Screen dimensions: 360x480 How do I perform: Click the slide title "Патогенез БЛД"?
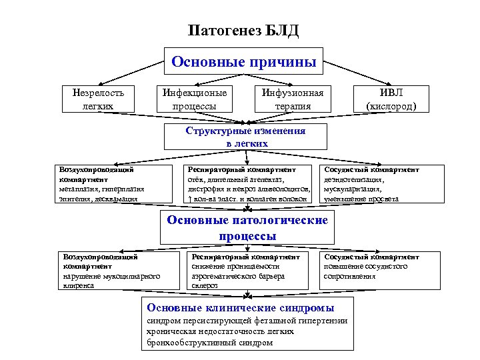(x=243, y=31)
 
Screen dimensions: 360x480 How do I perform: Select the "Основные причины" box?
(x=243, y=61)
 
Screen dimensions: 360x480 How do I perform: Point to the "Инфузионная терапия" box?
(x=292, y=99)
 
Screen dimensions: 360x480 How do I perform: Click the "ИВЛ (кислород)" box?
(x=391, y=99)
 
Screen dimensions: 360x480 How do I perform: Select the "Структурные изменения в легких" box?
(x=246, y=137)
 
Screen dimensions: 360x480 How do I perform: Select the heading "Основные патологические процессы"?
(x=247, y=228)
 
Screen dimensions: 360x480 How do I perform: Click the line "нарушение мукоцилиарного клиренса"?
(x=111, y=280)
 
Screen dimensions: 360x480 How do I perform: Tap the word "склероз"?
(x=204, y=285)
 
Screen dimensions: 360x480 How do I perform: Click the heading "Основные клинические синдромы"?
(x=241, y=307)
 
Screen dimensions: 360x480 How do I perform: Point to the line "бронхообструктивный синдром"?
(x=209, y=343)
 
